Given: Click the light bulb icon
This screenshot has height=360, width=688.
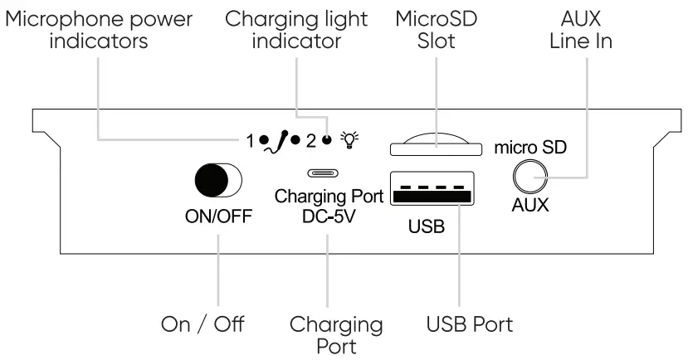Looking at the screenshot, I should coord(352,140).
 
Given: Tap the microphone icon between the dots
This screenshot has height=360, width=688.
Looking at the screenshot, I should coord(285,139).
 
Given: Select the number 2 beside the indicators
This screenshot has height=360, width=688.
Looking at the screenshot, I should coord(311,140).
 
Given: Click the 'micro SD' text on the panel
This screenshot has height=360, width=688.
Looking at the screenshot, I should coord(530,148).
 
